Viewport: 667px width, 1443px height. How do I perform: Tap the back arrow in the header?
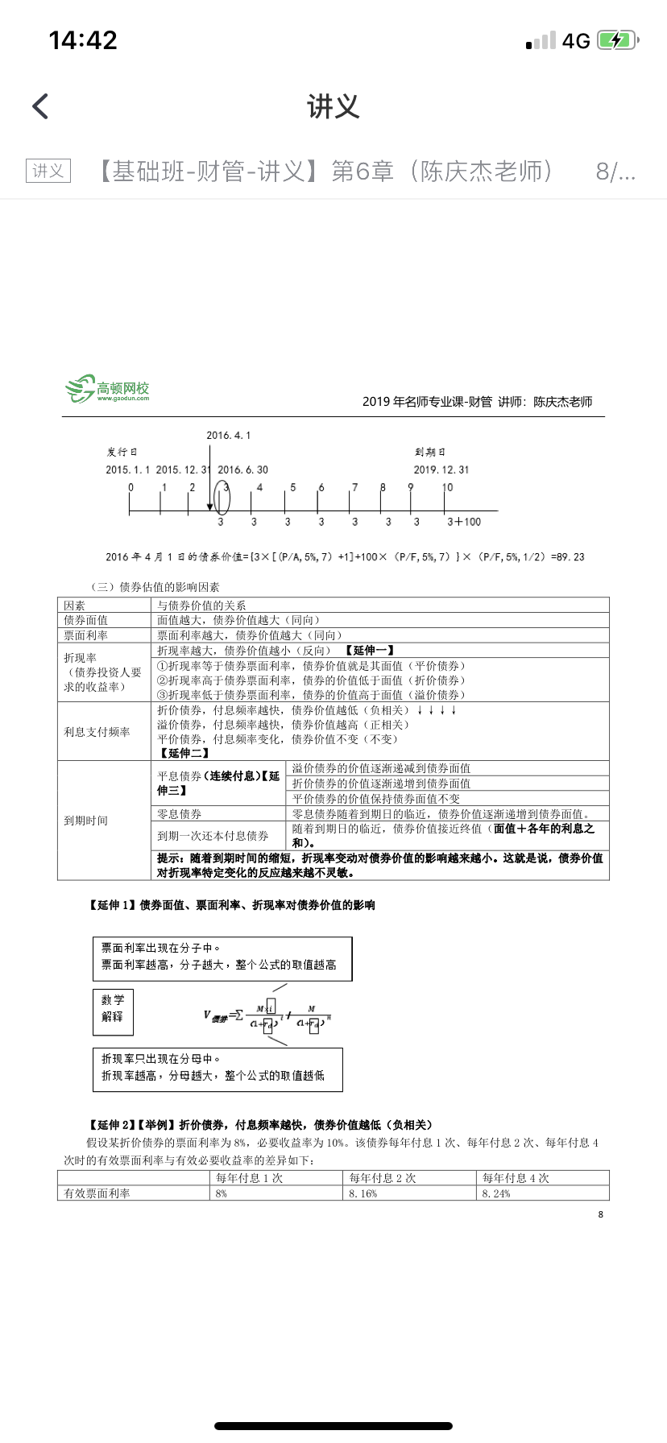click(x=40, y=106)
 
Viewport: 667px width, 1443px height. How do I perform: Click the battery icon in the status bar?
click(x=617, y=40)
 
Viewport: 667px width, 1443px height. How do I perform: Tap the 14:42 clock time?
click(x=83, y=40)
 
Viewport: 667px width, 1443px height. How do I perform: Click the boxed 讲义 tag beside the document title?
click(x=48, y=171)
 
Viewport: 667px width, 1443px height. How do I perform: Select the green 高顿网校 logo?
click(x=108, y=390)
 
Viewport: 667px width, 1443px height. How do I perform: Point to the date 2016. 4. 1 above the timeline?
click(x=228, y=436)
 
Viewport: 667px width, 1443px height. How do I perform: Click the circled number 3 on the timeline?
click(x=222, y=498)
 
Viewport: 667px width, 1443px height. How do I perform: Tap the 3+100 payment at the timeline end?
click(x=463, y=522)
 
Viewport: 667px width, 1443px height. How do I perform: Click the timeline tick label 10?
click(x=447, y=487)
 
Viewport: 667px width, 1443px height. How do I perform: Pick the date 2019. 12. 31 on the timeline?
click(x=441, y=469)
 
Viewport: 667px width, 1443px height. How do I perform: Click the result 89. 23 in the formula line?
click(x=569, y=557)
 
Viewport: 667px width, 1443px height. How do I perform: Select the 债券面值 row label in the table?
click(x=86, y=620)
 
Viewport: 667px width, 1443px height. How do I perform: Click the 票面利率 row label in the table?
click(x=86, y=635)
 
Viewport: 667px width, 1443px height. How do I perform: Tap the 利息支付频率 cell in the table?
click(x=97, y=732)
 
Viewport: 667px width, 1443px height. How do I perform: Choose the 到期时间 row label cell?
click(x=86, y=821)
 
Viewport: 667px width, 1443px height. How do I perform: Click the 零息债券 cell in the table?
click(x=180, y=814)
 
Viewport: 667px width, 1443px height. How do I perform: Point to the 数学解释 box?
click(x=113, y=1008)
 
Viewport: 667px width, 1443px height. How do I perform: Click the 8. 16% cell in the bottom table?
click(x=363, y=1193)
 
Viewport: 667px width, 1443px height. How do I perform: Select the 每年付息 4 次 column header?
click(x=516, y=1178)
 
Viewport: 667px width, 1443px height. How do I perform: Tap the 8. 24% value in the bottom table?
click(x=496, y=1193)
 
